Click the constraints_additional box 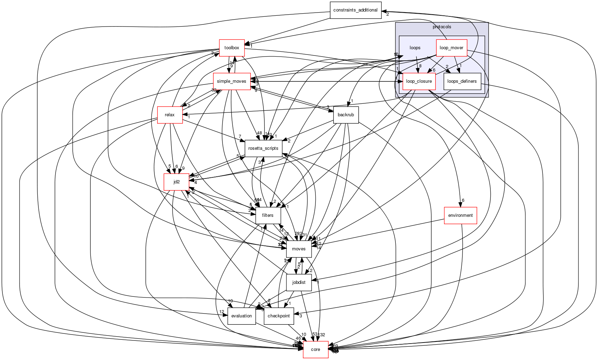355,10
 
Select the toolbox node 232,48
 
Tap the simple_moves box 232,81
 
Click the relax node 169,115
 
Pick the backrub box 346,115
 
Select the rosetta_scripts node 263,148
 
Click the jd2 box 176,182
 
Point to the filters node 268,215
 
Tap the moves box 299,249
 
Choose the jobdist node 299,282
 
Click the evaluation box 241,316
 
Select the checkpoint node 278,316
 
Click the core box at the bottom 315,350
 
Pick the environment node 460,215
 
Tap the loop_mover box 451,48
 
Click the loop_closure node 419,81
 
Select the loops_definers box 462,81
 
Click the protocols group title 442,27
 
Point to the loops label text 415,48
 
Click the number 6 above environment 463,200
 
